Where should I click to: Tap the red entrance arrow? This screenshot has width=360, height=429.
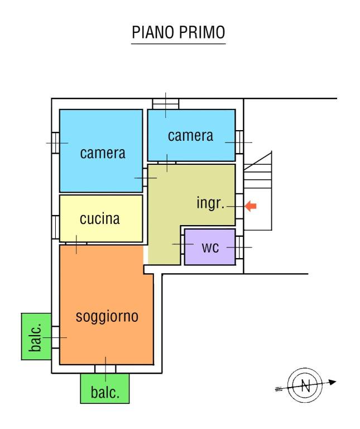point(251,207)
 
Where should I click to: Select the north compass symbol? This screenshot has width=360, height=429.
point(305,385)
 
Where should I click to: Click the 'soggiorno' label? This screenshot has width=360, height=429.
point(107,317)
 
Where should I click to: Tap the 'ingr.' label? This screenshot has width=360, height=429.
point(210,203)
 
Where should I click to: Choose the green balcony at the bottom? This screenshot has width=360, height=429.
point(105,388)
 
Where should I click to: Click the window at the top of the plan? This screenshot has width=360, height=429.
point(166,103)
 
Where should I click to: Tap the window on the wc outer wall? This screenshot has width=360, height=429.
point(239,247)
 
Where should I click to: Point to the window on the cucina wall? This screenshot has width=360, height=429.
point(56,226)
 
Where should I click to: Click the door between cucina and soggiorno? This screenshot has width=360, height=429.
point(76,243)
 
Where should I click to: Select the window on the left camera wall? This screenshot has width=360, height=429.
point(56,142)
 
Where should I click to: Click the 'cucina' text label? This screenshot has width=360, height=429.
point(100,219)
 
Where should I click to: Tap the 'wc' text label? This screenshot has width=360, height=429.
point(210,247)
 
